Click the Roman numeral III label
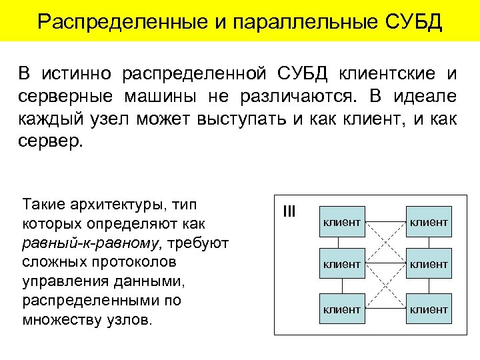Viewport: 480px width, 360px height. pyautogui.click(x=289, y=211)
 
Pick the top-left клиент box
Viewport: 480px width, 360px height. pyautogui.click(x=341, y=221)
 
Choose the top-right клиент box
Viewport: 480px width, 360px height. pyautogui.click(x=428, y=221)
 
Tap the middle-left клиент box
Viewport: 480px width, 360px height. pyautogui.click(x=341, y=264)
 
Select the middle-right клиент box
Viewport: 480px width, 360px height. pyautogui.click(x=428, y=264)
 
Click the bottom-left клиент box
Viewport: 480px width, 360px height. pyautogui.click(x=341, y=309)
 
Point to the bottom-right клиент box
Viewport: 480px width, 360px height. pyautogui.click(x=428, y=309)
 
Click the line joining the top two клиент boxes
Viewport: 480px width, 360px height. pyautogui.click(x=385, y=221)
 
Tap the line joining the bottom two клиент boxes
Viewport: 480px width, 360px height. pyautogui.click(x=385, y=309)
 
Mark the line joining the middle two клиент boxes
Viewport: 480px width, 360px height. pyautogui.click(x=385, y=264)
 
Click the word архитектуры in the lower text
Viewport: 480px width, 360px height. pyautogui.click(x=110, y=203)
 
